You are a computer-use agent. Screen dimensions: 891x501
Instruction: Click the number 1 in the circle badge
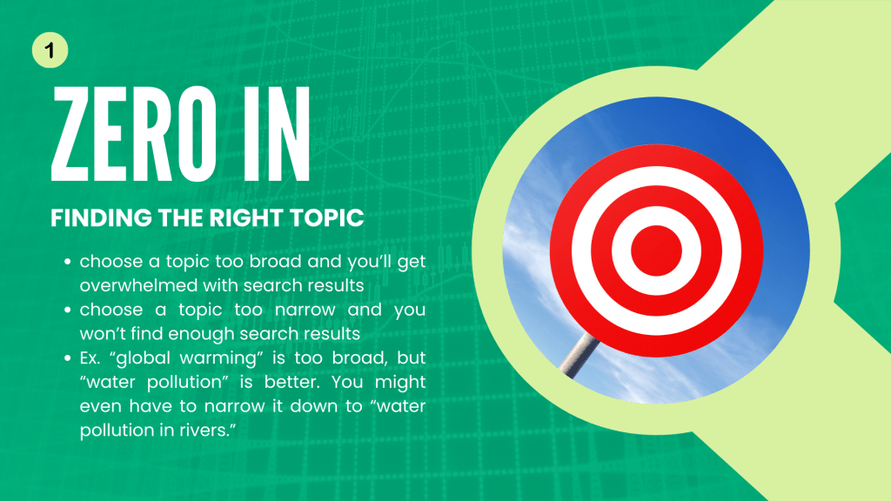[50, 50]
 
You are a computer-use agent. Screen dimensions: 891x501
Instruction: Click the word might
[400, 383]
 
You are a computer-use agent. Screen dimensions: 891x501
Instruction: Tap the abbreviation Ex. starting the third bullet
[90, 357]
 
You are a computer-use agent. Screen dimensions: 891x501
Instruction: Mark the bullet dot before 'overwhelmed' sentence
[68, 261]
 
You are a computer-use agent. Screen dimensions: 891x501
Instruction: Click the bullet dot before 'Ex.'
[68, 357]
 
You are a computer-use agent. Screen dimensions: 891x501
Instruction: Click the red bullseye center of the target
[656, 250]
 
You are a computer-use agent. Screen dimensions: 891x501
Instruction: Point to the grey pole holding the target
[579, 355]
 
